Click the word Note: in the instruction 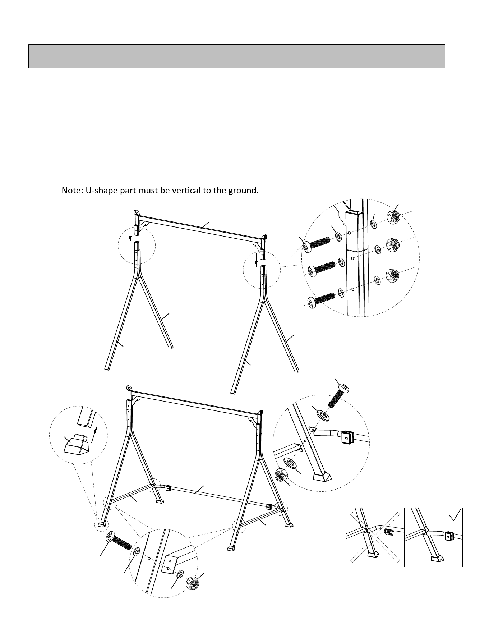(72, 190)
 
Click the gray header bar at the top (237, 56)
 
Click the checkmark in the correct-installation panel (455, 517)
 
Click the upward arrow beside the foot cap (94, 434)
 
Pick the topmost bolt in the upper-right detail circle (317, 244)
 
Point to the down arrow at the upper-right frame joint (256, 260)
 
